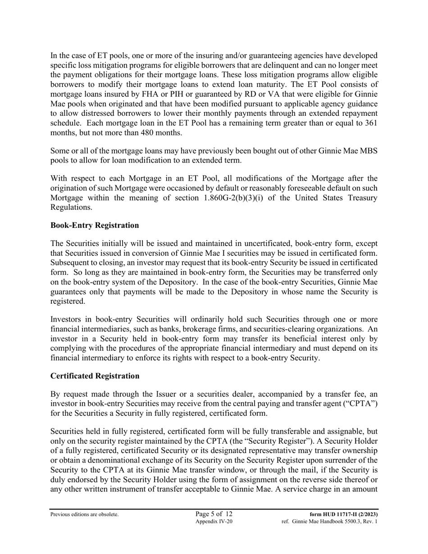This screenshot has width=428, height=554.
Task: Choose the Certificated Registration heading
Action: click(95, 376)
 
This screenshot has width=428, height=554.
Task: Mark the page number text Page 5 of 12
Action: click(214, 514)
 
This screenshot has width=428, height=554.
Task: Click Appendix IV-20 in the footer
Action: click(214, 522)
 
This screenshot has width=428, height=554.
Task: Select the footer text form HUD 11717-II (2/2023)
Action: click(344, 514)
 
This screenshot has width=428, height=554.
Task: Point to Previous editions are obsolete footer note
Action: click(85, 514)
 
